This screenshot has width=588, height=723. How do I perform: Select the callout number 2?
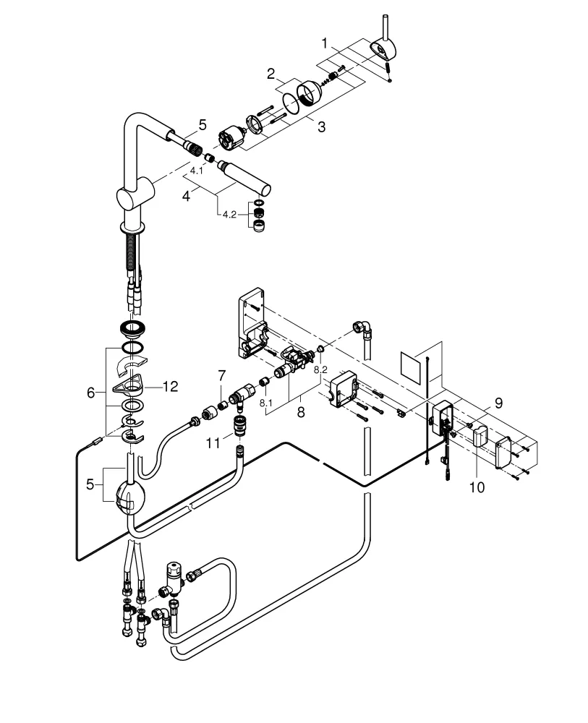(x=270, y=74)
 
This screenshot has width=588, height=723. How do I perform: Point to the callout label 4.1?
(x=197, y=171)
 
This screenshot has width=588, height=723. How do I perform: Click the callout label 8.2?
(x=320, y=369)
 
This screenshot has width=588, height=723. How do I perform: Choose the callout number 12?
(x=170, y=388)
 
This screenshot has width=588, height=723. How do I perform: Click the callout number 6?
(x=91, y=393)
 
